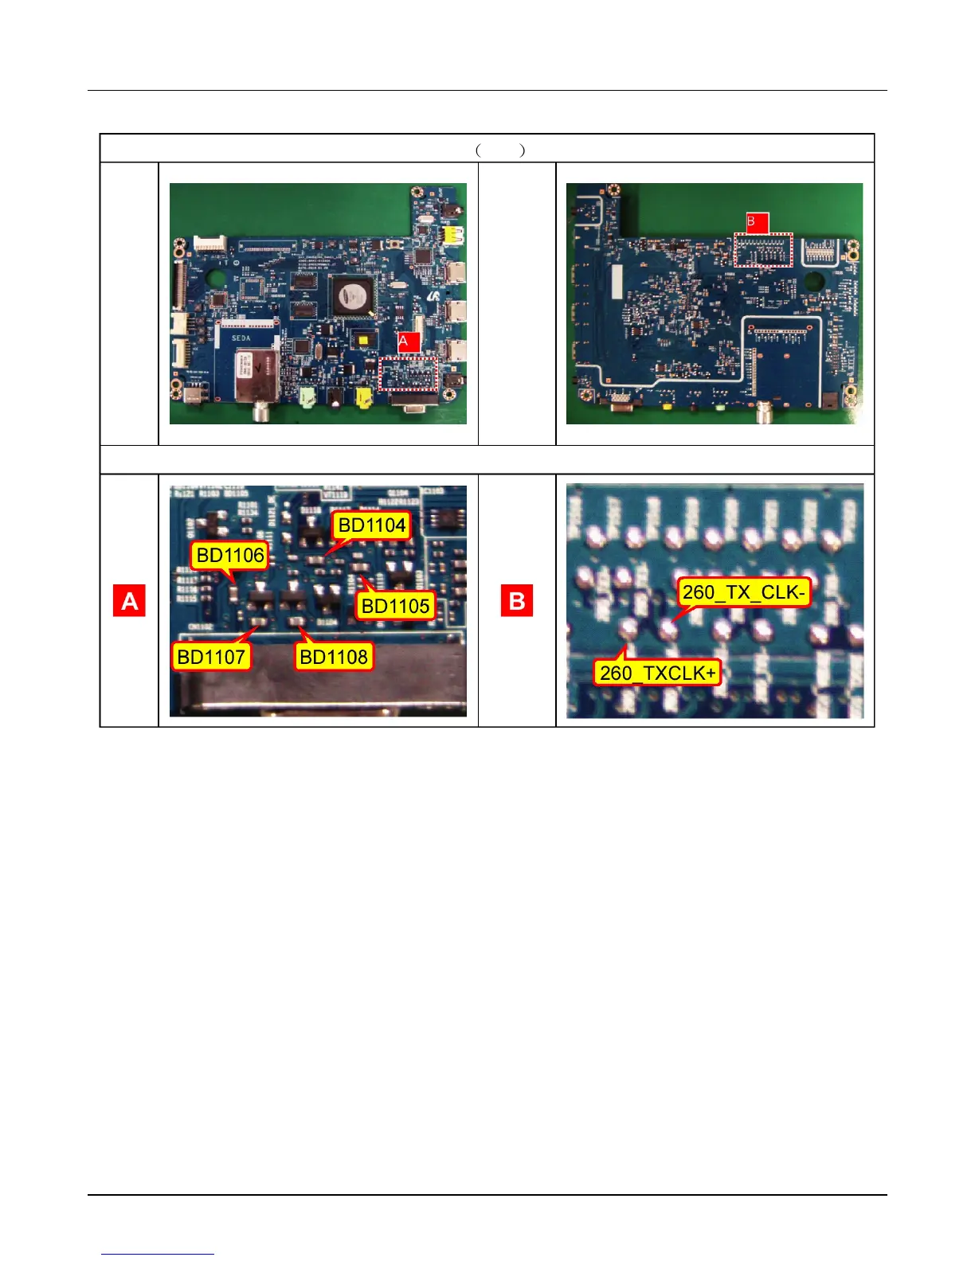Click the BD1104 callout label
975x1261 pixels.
(372, 525)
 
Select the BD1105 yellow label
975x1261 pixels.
(395, 606)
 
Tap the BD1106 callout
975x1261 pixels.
(230, 555)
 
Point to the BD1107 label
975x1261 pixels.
(211, 657)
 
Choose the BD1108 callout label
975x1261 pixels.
(334, 657)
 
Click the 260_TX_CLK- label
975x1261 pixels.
(744, 592)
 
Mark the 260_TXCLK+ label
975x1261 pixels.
(658, 673)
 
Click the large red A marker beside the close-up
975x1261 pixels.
(129, 601)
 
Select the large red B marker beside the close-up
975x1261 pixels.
(516, 601)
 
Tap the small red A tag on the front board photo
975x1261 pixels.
(408, 342)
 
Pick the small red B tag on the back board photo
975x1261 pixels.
(756, 222)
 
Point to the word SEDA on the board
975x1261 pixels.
(241, 338)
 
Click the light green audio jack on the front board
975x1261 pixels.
(308, 396)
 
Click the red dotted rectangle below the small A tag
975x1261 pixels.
(409, 374)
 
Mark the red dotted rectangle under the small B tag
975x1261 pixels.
(764, 250)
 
